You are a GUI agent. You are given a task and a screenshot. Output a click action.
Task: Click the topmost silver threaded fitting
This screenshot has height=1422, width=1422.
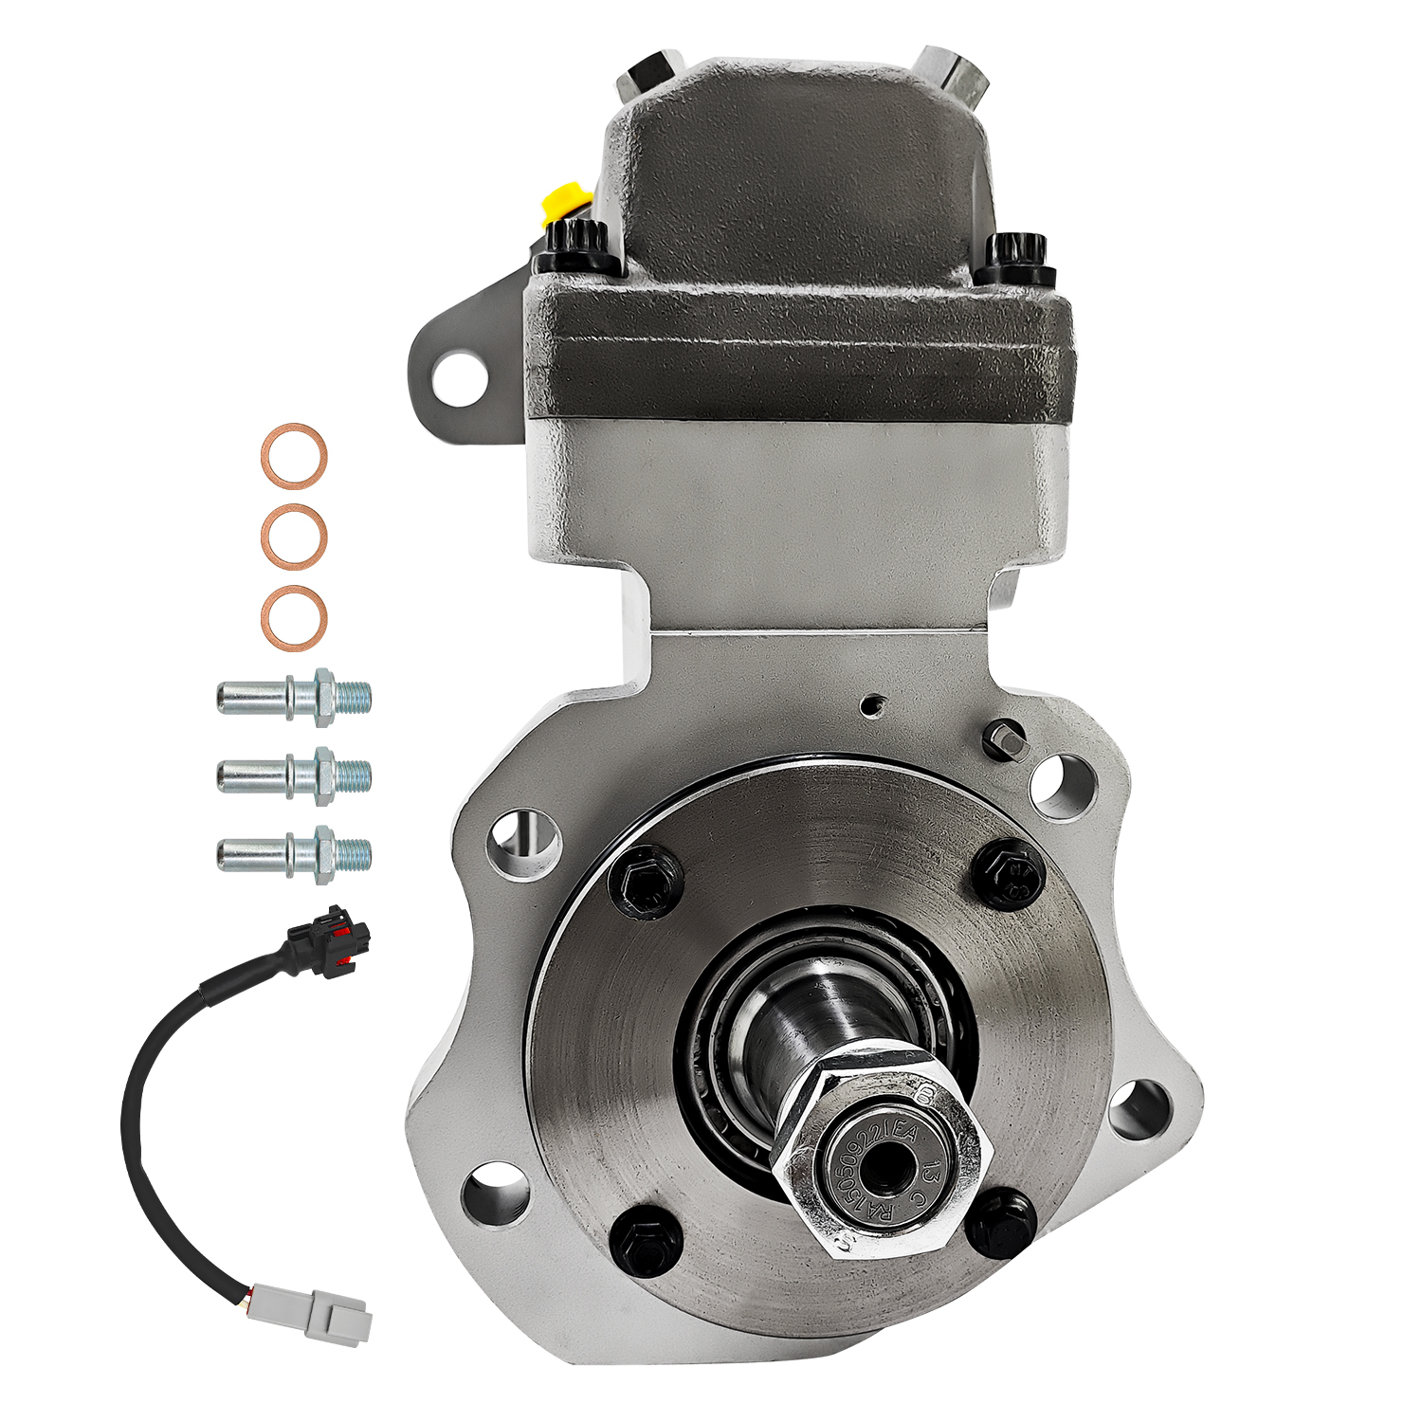coord(294,698)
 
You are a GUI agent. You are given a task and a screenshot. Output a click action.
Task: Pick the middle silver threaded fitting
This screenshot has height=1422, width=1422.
coord(294,775)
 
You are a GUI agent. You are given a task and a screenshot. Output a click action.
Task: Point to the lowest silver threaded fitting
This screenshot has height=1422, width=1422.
coord(294,853)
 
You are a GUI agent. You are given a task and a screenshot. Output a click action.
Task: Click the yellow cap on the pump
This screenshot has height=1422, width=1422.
coord(560,201)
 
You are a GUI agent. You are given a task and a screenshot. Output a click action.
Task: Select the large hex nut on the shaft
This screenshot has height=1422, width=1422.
coord(877,1149)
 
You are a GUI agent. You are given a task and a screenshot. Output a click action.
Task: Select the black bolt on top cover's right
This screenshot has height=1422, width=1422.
coord(1016,256)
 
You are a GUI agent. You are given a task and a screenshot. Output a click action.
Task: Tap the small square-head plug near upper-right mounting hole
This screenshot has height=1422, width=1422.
coord(1004,738)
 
